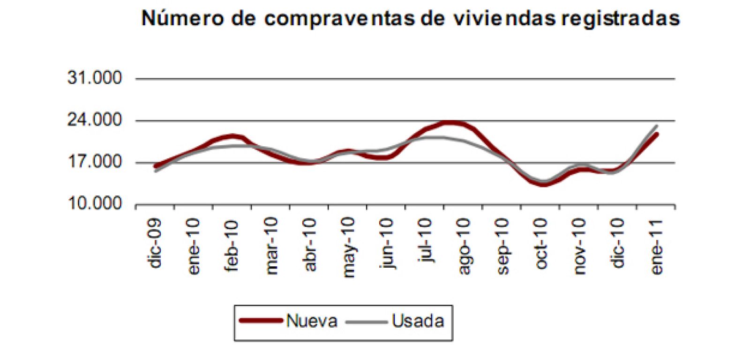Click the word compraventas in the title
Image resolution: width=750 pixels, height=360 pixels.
pos(339,19)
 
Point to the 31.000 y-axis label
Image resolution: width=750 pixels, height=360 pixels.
pos(94,78)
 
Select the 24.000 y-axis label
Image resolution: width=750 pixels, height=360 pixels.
pos(94,120)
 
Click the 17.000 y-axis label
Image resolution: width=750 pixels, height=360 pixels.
pos(94,162)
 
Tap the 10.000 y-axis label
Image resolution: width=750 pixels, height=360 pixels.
pos(94,204)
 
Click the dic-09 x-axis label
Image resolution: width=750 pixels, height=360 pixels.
pos(155,243)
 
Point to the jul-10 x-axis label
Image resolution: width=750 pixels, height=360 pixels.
pos(426,240)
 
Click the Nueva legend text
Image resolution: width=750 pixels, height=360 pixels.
pos(312,321)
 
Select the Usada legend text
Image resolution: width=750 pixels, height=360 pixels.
pos(418,321)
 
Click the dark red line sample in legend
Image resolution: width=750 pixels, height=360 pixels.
pos(261,321)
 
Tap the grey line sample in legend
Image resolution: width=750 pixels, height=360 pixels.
pos(367,322)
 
